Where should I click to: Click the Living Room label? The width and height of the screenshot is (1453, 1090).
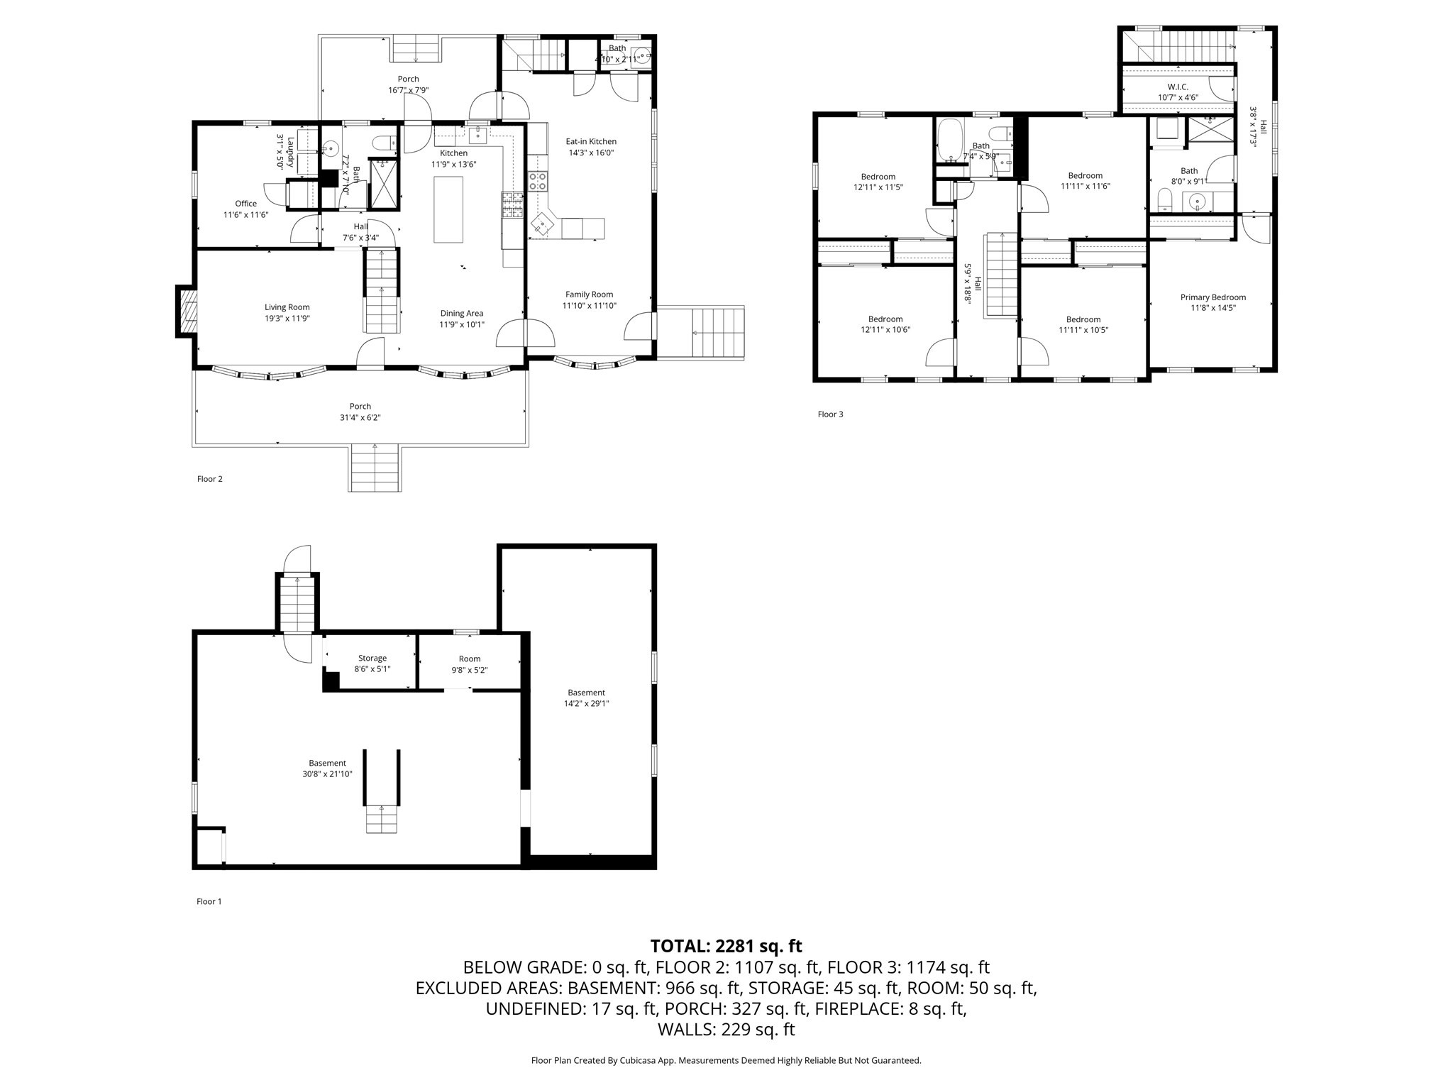pyautogui.click(x=287, y=307)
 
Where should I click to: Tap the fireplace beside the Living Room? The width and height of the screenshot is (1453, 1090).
pyautogui.click(x=187, y=311)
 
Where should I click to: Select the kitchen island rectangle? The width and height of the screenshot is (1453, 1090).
pyautogui.click(x=448, y=209)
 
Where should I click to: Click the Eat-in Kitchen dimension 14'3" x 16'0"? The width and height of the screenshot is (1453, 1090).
pyautogui.click(x=591, y=153)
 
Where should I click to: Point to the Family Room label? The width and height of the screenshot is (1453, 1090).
pyautogui.click(x=589, y=294)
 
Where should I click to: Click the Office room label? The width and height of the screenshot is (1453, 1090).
pyautogui.click(x=246, y=204)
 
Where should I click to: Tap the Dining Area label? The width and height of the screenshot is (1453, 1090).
pyautogui.click(x=462, y=313)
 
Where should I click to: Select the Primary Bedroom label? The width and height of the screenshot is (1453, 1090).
pyautogui.click(x=1213, y=297)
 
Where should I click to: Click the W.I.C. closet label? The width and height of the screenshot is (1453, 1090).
pyautogui.click(x=1178, y=87)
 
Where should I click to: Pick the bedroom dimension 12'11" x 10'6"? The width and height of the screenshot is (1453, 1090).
pyautogui.click(x=885, y=330)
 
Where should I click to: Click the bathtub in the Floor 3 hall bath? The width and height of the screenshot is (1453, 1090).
pyautogui.click(x=949, y=141)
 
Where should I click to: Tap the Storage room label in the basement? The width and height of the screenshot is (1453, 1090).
pyautogui.click(x=372, y=659)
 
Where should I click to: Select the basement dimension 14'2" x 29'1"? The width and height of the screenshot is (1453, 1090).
pyautogui.click(x=587, y=704)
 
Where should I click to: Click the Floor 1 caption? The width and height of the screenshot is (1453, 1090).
pyautogui.click(x=209, y=902)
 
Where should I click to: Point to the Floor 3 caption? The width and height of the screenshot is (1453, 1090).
pyautogui.click(x=831, y=414)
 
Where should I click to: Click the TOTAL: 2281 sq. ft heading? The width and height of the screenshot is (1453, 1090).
pyautogui.click(x=726, y=946)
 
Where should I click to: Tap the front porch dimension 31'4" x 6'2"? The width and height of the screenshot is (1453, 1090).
pyautogui.click(x=360, y=418)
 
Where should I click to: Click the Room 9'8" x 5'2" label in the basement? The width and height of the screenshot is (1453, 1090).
pyautogui.click(x=470, y=664)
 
